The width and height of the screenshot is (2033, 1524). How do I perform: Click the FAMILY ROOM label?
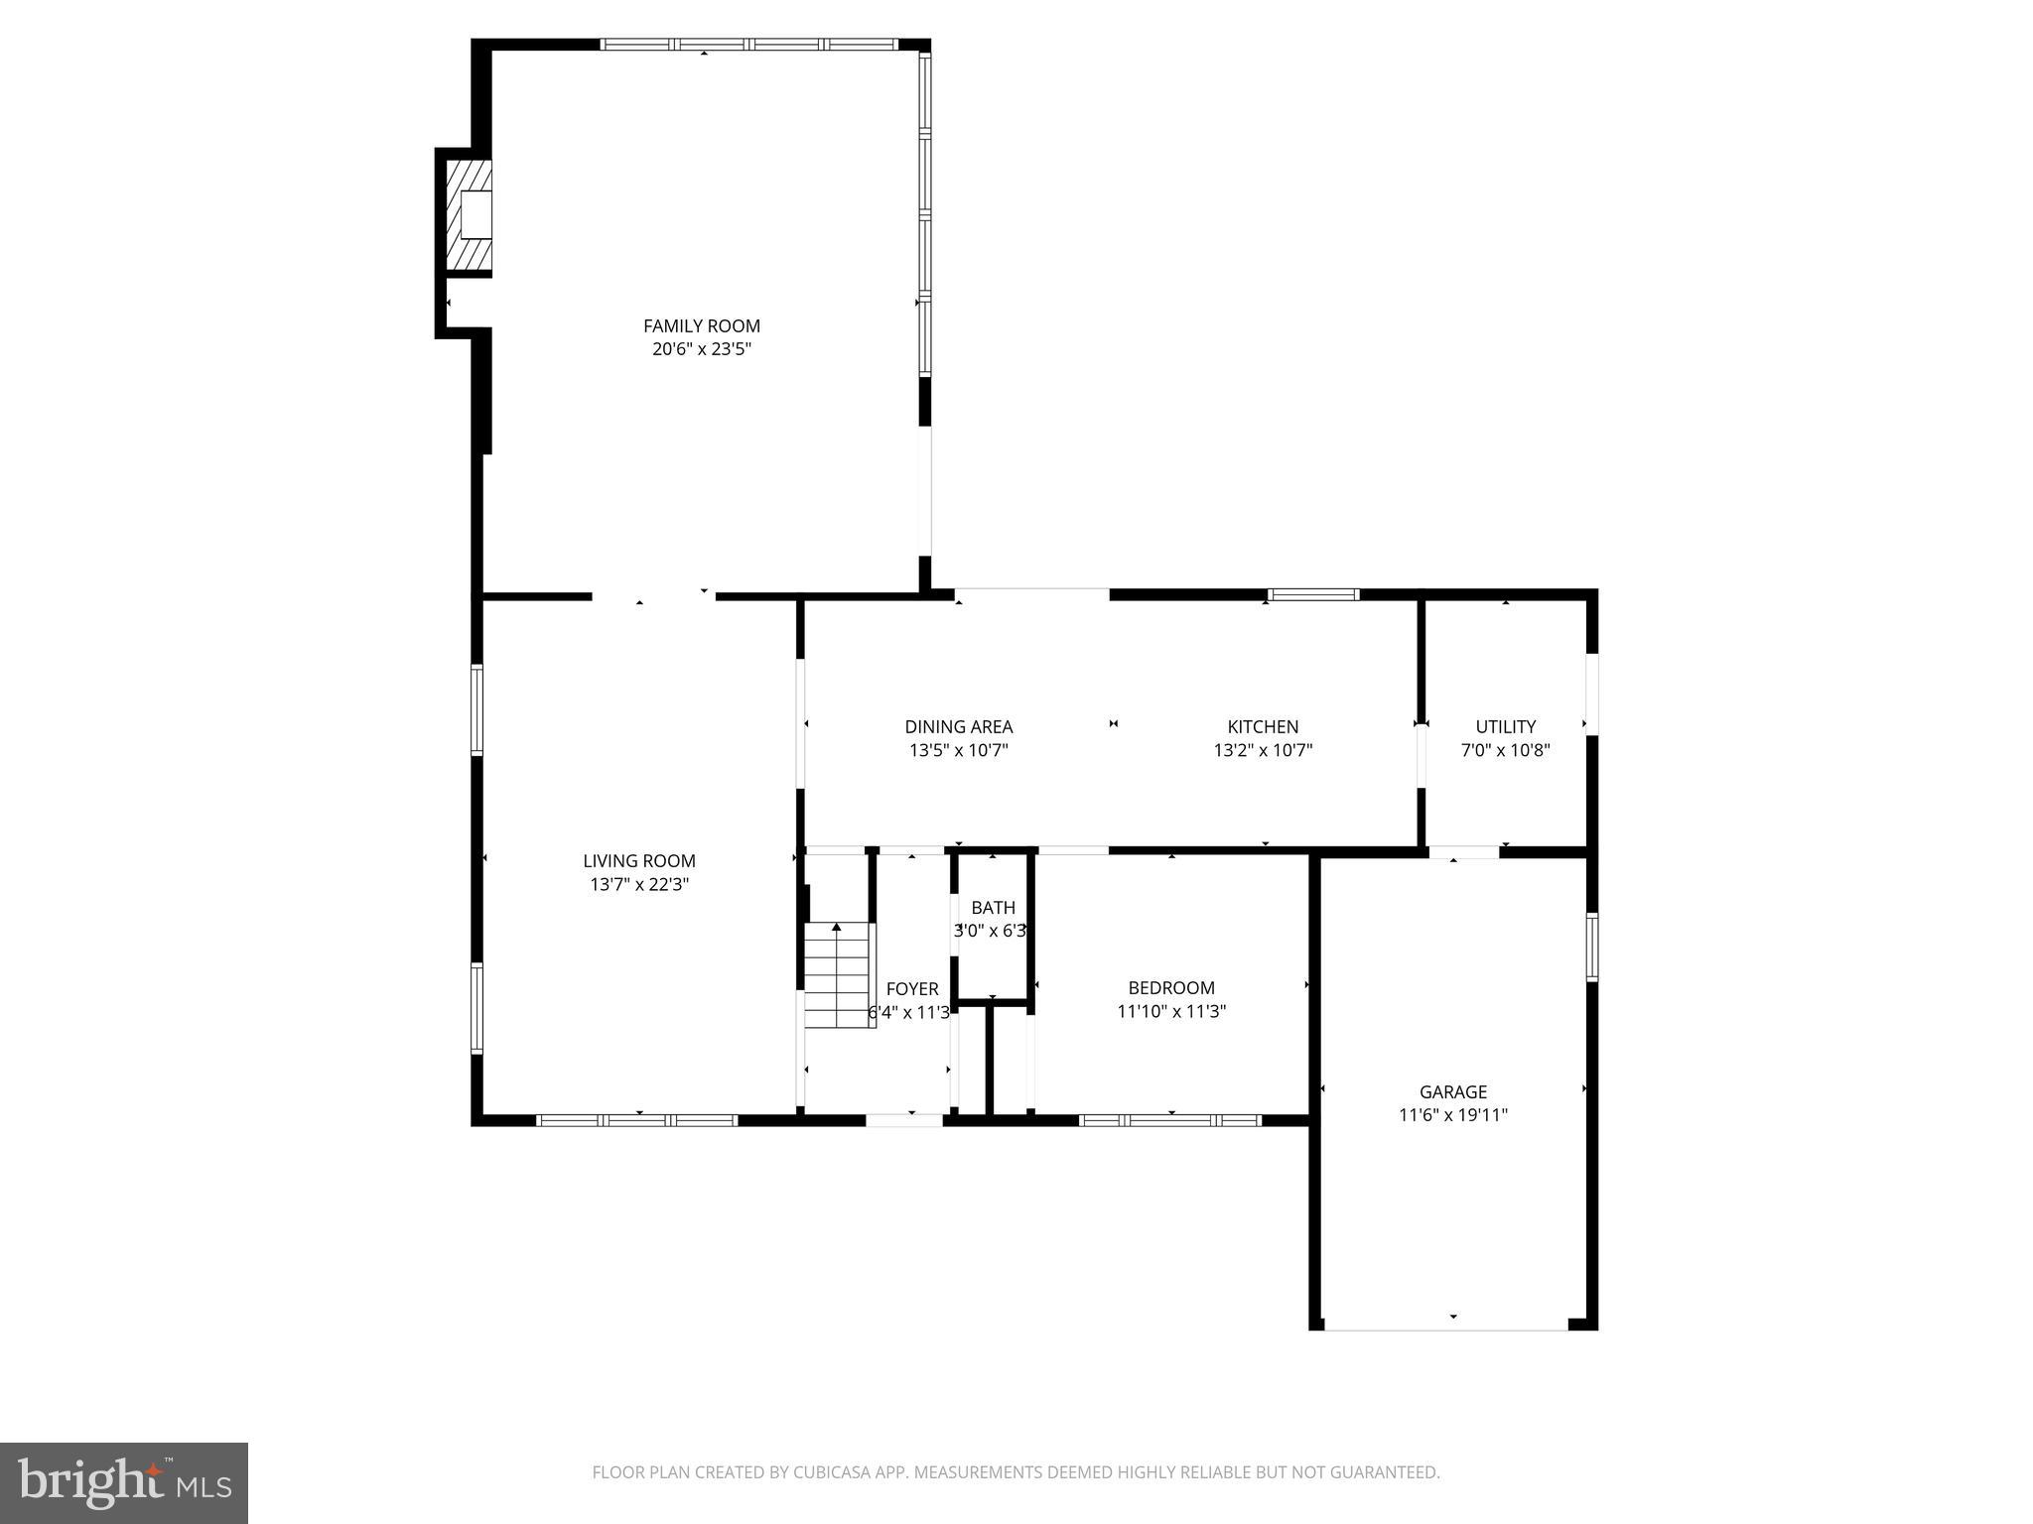click(701, 325)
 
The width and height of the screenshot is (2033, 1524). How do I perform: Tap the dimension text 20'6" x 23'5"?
click(701, 349)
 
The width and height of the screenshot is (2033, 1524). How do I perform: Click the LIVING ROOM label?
click(638, 861)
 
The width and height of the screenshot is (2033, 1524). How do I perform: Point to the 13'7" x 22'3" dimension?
click(638, 885)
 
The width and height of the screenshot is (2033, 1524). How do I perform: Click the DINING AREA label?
click(958, 726)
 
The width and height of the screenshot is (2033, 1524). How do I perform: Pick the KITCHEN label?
click(1263, 726)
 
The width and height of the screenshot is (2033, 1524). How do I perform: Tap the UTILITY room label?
click(1505, 726)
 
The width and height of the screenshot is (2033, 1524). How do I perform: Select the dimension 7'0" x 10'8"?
click(1505, 751)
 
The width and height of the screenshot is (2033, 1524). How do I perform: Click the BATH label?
click(993, 907)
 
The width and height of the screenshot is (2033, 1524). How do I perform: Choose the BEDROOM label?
click(1171, 987)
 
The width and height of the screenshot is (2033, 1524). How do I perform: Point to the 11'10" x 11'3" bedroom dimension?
click(1171, 1012)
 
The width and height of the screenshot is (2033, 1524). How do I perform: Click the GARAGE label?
click(1452, 1091)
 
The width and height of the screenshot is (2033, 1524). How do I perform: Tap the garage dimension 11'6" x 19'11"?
click(1452, 1115)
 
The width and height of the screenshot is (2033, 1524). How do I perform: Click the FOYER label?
click(911, 988)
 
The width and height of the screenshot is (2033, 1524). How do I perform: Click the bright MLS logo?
click(124, 1483)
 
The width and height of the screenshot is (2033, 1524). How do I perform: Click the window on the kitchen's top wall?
click(1313, 594)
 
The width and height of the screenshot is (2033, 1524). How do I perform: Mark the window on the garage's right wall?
click(1591, 947)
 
